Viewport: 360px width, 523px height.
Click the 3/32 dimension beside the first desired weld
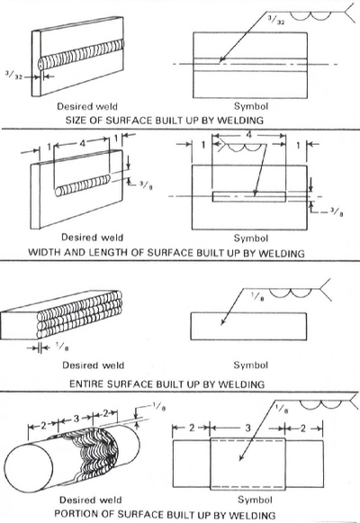[x=14, y=75]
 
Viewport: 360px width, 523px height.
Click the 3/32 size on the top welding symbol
[x=276, y=20]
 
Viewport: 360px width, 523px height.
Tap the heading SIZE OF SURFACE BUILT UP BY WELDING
[x=165, y=120]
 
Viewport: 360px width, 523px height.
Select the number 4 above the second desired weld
[x=82, y=143]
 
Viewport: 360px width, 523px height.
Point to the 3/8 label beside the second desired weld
[x=146, y=185]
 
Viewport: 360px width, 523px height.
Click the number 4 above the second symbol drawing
[x=248, y=135]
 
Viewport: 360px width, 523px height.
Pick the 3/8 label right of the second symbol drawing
[x=337, y=212]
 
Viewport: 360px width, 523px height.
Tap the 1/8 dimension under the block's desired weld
[x=62, y=347]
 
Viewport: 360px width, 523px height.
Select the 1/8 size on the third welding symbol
[x=257, y=296]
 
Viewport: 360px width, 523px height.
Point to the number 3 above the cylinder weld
[x=76, y=418]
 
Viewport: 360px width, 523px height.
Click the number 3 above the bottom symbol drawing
[x=247, y=428]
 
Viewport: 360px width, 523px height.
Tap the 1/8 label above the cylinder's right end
[x=159, y=407]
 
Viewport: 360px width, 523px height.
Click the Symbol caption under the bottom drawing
[x=255, y=500]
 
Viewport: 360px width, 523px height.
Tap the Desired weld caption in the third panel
[x=93, y=365]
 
